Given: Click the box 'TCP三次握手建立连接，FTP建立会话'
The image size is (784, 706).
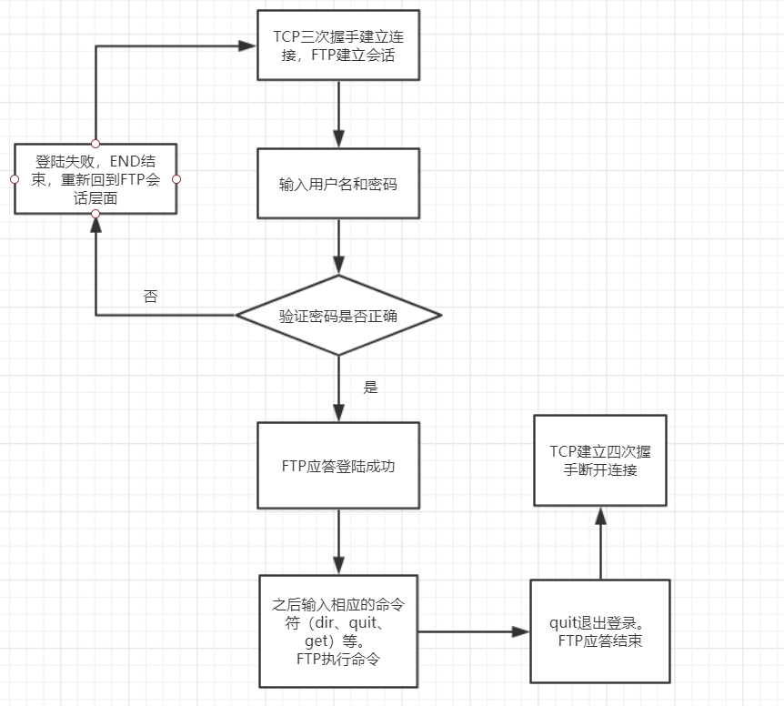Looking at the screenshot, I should (338, 45).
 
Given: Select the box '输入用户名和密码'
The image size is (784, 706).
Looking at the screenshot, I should (338, 183).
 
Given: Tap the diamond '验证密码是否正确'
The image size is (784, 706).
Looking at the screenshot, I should (338, 316).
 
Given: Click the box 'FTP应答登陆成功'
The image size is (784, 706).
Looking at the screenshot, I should (338, 465).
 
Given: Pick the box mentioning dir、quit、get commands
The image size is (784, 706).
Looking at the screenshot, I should (338, 630).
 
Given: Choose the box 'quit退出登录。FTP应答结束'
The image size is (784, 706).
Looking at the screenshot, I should (600, 630).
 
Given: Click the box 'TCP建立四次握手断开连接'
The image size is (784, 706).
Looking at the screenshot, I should (600, 460).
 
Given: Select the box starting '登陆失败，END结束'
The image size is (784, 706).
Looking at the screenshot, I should (95, 178).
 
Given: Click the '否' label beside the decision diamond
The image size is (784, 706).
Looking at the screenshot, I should (150, 297).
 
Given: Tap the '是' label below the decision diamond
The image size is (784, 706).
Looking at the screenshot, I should (370, 387).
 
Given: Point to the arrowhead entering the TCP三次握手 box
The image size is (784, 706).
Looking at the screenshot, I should (247, 45).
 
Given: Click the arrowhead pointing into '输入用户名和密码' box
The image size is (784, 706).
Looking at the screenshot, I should (338, 139).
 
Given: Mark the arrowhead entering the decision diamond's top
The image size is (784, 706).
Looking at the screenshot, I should (338, 267).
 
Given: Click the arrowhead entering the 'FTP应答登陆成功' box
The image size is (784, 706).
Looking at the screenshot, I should (338, 414).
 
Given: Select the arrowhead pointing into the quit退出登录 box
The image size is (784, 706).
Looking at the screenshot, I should (522, 630).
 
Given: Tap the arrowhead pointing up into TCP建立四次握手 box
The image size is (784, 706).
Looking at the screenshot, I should (600, 515).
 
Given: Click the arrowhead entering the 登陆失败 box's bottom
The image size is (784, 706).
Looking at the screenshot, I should (95, 223).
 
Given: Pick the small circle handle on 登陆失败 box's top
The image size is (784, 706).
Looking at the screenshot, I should (95, 144).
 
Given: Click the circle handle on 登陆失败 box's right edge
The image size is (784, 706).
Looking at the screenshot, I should (176, 178).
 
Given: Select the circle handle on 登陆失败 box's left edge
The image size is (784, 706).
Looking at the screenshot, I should (15, 178).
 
